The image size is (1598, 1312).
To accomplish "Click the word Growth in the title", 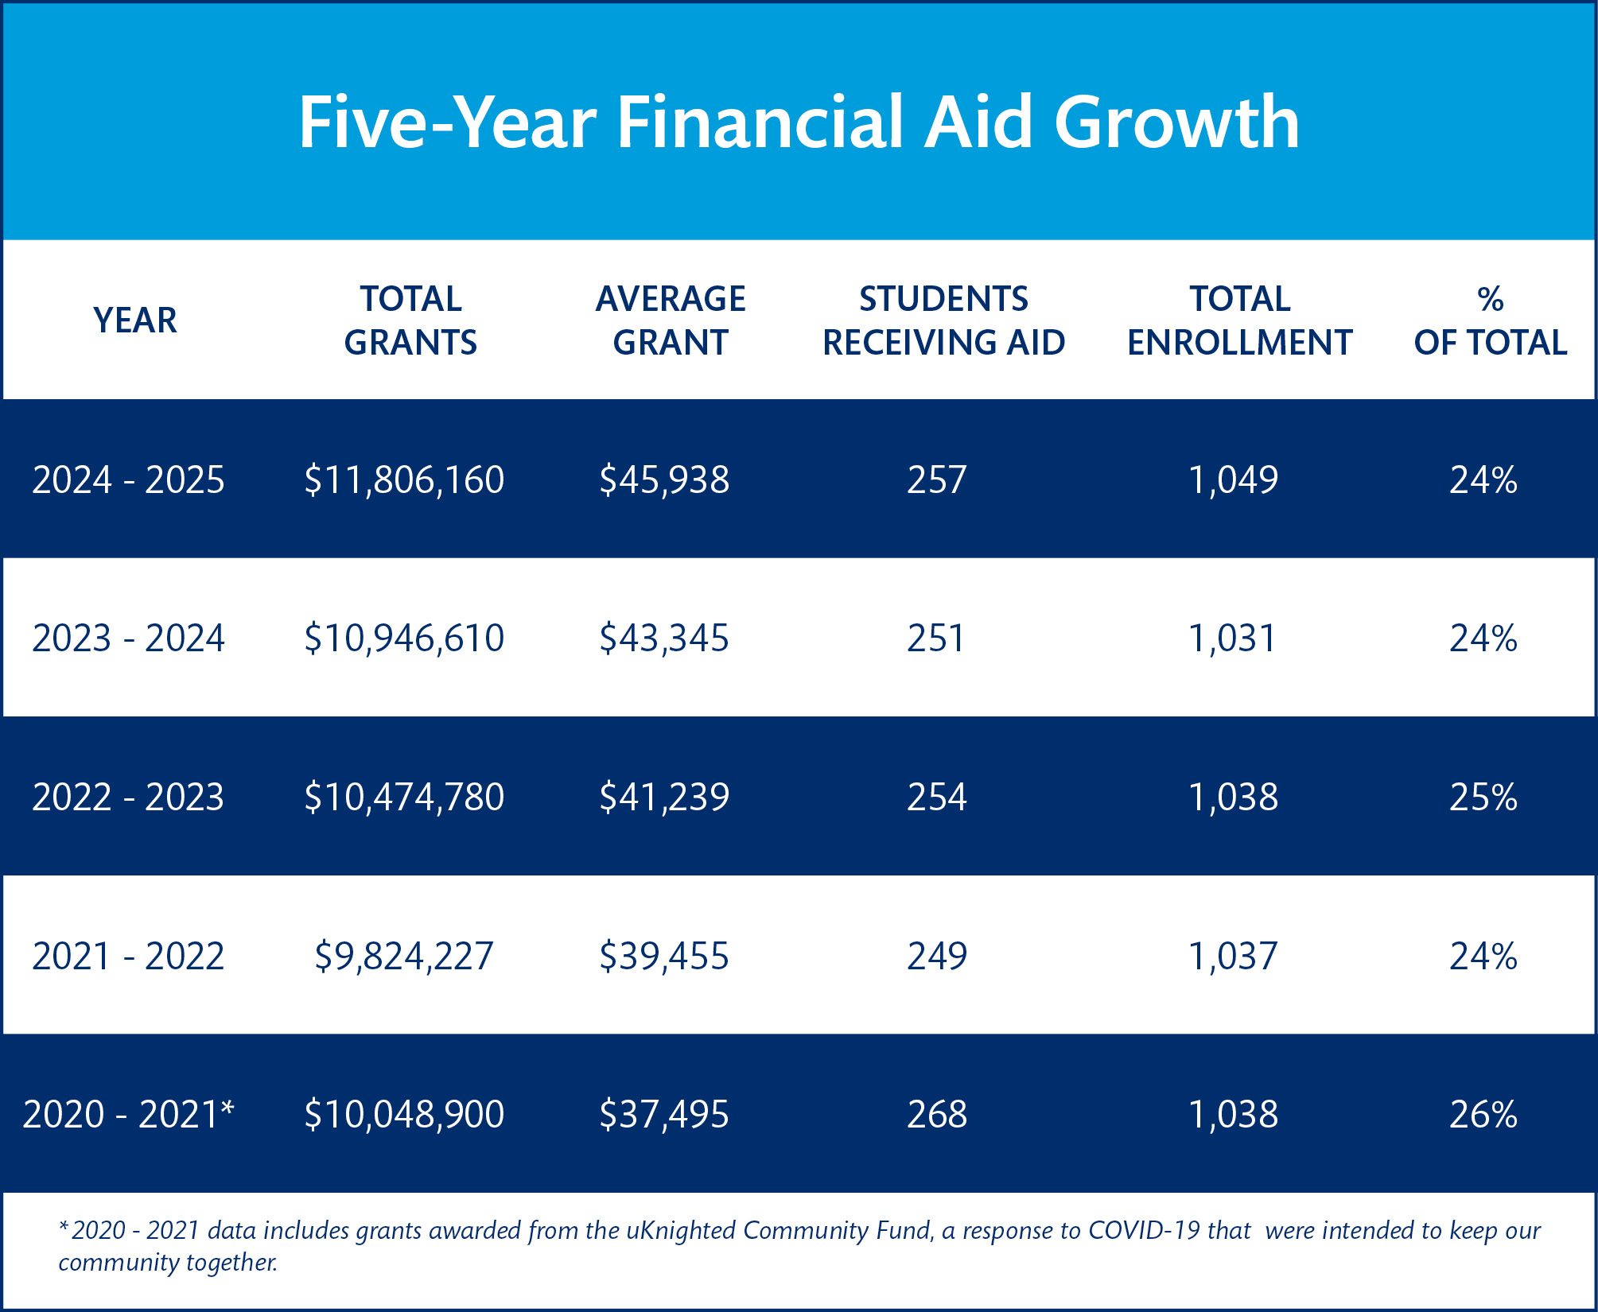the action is point(1177,122).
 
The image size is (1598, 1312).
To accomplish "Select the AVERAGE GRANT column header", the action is point(671,320).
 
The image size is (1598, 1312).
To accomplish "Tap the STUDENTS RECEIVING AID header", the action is point(943,320).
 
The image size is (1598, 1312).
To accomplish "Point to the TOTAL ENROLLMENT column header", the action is point(1240,320).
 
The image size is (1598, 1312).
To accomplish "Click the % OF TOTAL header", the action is point(1491,320).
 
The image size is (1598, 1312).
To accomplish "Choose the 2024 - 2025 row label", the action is point(128,479).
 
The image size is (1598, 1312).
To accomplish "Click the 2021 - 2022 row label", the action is point(128,956).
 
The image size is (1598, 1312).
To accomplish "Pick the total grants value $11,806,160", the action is point(404,479).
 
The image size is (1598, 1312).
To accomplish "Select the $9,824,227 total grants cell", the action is point(404,956).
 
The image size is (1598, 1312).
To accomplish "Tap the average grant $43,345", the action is point(664,639).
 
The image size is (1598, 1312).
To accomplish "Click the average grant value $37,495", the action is point(664,1114).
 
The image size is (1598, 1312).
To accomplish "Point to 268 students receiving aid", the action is point(937,1114).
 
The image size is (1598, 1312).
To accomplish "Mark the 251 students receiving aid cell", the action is point(936,639).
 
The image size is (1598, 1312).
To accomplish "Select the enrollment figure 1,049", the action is point(1233,479).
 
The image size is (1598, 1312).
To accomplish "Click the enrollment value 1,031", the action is point(1232,639).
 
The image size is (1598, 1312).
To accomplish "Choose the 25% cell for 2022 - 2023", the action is point(1483,797).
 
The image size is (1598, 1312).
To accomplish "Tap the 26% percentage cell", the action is point(1483,1114).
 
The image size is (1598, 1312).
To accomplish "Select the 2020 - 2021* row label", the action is point(128,1114).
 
